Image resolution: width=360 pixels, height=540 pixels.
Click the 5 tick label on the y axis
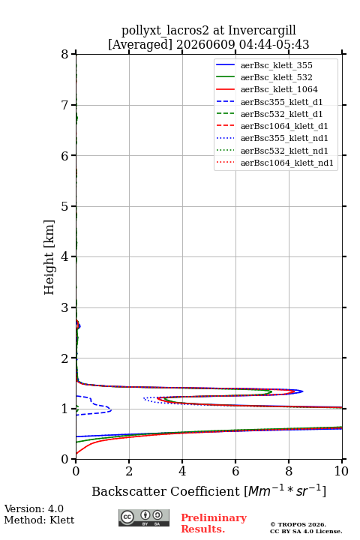64,206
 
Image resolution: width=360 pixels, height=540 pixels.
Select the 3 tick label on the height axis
64,307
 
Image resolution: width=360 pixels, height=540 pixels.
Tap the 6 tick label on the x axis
235,471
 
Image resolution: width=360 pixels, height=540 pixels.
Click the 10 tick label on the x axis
341,471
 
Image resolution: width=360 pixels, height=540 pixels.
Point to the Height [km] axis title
49,257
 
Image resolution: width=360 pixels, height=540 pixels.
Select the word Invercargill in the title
262,30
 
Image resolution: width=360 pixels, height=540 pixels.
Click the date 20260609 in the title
205,44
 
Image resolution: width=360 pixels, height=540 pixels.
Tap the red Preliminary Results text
214,523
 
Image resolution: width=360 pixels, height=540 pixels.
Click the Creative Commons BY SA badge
144,517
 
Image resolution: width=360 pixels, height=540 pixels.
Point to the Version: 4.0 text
34,508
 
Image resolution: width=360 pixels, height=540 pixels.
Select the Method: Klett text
39,520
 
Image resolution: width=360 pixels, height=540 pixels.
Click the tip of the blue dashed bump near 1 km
111,409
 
